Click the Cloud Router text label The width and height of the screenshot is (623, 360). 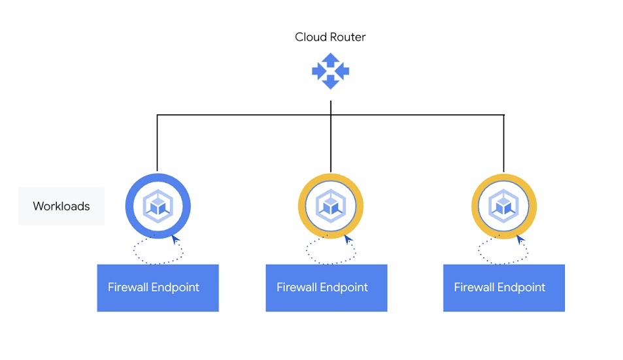coord(330,37)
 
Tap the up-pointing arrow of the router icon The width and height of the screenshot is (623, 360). coord(330,59)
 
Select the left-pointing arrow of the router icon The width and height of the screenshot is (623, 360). coord(318,71)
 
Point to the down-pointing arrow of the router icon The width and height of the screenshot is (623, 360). coord(330,82)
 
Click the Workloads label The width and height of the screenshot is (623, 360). coord(61,206)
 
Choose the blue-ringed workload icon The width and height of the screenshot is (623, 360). coord(158,206)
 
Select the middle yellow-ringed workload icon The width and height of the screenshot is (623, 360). coord(330,206)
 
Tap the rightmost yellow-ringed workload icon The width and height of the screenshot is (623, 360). coord(503,206)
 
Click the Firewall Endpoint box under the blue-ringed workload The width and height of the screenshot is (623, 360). coord(158,287)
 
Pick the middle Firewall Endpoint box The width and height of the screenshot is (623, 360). coord(326,287)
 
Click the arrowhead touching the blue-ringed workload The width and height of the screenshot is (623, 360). coord(175,240)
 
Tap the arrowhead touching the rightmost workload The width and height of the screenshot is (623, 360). coord(521,240)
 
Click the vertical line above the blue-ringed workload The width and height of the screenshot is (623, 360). coord(158,144)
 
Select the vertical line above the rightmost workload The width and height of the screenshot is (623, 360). coord(503,144)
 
